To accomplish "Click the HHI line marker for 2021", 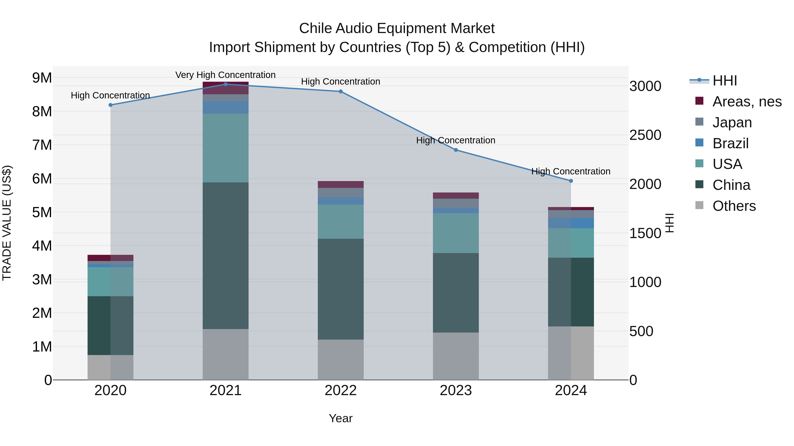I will point(225,84).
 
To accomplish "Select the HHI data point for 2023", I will point(456,150).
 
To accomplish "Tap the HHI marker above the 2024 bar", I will point(571,181).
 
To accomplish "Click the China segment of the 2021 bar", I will point(225,255).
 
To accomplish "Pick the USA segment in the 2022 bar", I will point(341,222).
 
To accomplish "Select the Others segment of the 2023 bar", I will point(456,356).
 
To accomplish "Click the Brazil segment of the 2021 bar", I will point(225,107).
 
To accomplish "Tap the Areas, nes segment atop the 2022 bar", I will point(341,184).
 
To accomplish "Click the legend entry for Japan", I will point(732,122).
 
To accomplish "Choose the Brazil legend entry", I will point(730,143).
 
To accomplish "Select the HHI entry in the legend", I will point(724,81).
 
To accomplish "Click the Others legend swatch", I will point(699,205).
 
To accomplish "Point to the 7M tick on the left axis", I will point(42,145).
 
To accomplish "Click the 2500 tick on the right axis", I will point(645,135).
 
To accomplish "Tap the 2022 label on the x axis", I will point(341,390).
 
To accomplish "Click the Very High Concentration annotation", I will point(225,75).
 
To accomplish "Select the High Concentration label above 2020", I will point(110,95).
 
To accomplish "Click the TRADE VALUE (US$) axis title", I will point(7,223).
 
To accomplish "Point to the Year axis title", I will point(341,418).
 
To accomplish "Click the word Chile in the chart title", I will point(315,28).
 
